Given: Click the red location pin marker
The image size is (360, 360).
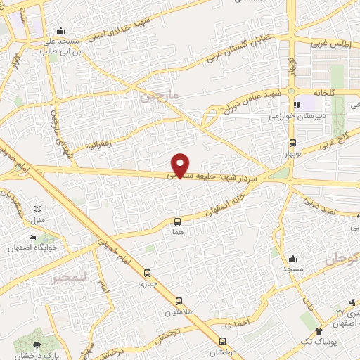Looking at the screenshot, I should coord(181,165).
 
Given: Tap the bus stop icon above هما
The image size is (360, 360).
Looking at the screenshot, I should coord(176,220).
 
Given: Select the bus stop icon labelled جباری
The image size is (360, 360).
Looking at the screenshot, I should coord(147,273).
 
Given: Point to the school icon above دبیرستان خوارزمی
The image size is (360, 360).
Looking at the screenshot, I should coord(297,105).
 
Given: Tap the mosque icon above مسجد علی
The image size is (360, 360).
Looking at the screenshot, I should coord(61,30).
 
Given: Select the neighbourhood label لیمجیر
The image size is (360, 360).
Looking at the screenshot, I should coord(68,279).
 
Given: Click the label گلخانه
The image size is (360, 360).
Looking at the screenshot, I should coord(309,92).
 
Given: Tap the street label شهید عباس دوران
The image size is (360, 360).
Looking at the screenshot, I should coord(251,100).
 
